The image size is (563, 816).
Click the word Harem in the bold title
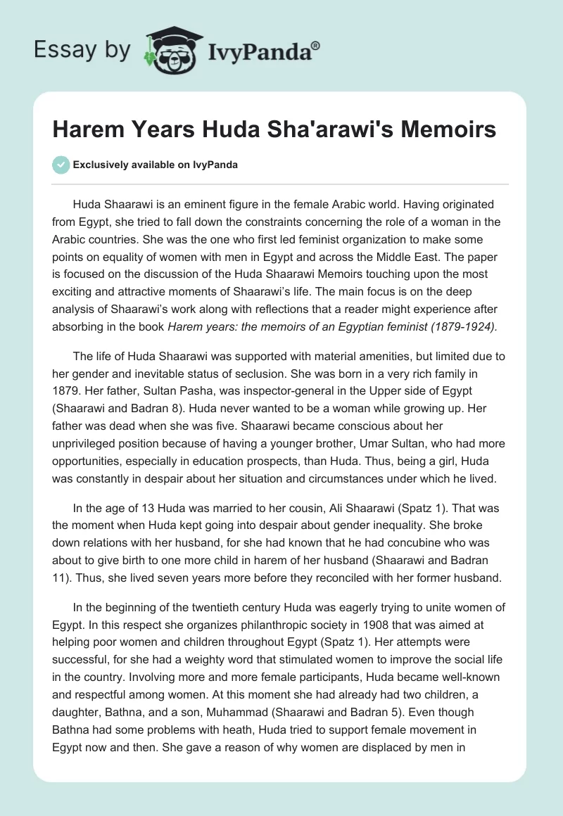[x=84, y=129]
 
